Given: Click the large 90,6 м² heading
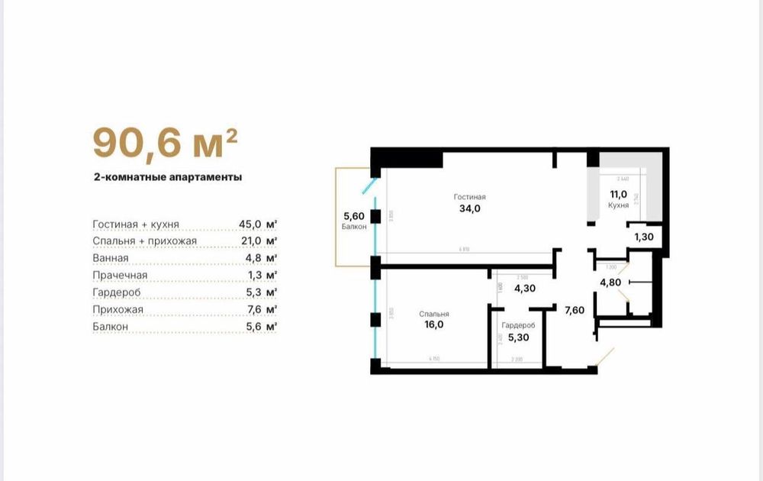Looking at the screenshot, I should pyautogui.click(x=165, y=143).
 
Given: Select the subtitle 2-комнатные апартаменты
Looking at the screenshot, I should pyautogui.click(x=167, y=176).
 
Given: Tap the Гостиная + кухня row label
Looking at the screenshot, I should pyautogui.click(x=136, y=224).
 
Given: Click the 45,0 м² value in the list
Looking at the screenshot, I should pyautogui.click(x=258, y=224).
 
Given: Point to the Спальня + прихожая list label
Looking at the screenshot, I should pyautogui.click(x=145, y=241).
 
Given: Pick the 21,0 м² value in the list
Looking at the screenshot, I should pyautogui.click(x=258, y=241).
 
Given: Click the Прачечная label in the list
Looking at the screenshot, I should pyautogui.click(x=120, y=275).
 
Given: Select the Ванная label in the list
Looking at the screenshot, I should pyautogui.click(x=111, y=258).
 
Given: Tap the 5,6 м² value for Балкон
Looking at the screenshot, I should pyautogui.click(x=259, y=326).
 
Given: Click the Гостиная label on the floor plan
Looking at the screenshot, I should pyautogui.click(x=469, y=197).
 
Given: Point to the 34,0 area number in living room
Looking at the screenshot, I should pyautogui.click(x=469, y=209).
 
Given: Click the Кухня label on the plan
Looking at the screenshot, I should pyautogui.click(x=618, y=205).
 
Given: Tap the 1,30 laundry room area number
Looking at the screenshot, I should pyautogui.click(x=643, y=237).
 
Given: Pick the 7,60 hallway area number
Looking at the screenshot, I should pyautogui.click(x=575, y=309).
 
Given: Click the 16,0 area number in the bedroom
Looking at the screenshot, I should pyautogui.click(x=433, y=324).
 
